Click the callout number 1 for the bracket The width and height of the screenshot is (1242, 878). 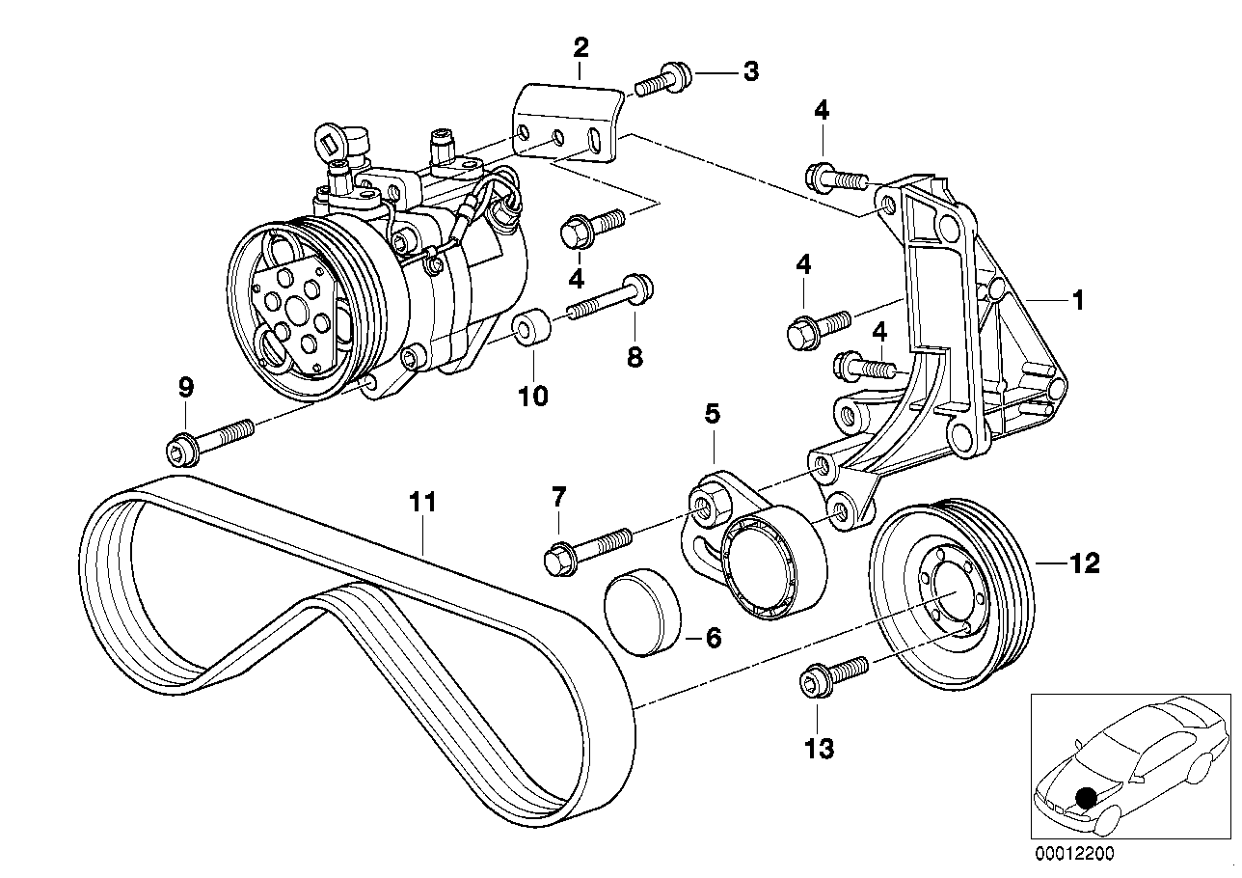1079,301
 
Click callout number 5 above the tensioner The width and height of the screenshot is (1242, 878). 712,415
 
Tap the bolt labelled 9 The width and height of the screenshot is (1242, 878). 208,439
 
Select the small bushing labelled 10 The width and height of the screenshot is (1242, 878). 531,329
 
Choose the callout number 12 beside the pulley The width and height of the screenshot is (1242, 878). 1084,562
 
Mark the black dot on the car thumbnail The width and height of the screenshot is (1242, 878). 1086,798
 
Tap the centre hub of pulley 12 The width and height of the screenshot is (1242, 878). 944,609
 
